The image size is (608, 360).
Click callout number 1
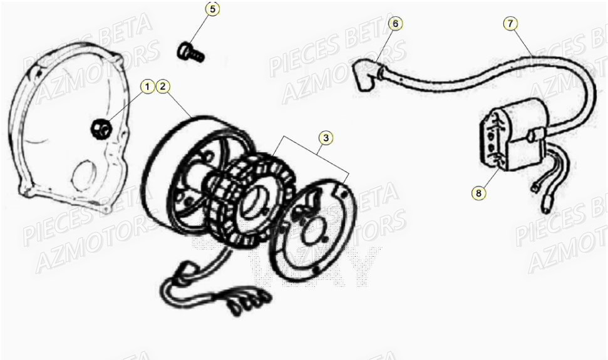click(147, 86)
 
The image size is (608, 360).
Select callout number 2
click(163, 86)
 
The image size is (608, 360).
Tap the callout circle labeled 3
click(324, 136)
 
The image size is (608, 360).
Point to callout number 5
click(212, 9)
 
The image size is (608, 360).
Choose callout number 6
click(394, 24)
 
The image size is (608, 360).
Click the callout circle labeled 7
click(510, 24)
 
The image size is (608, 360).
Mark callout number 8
click(479, 193)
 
